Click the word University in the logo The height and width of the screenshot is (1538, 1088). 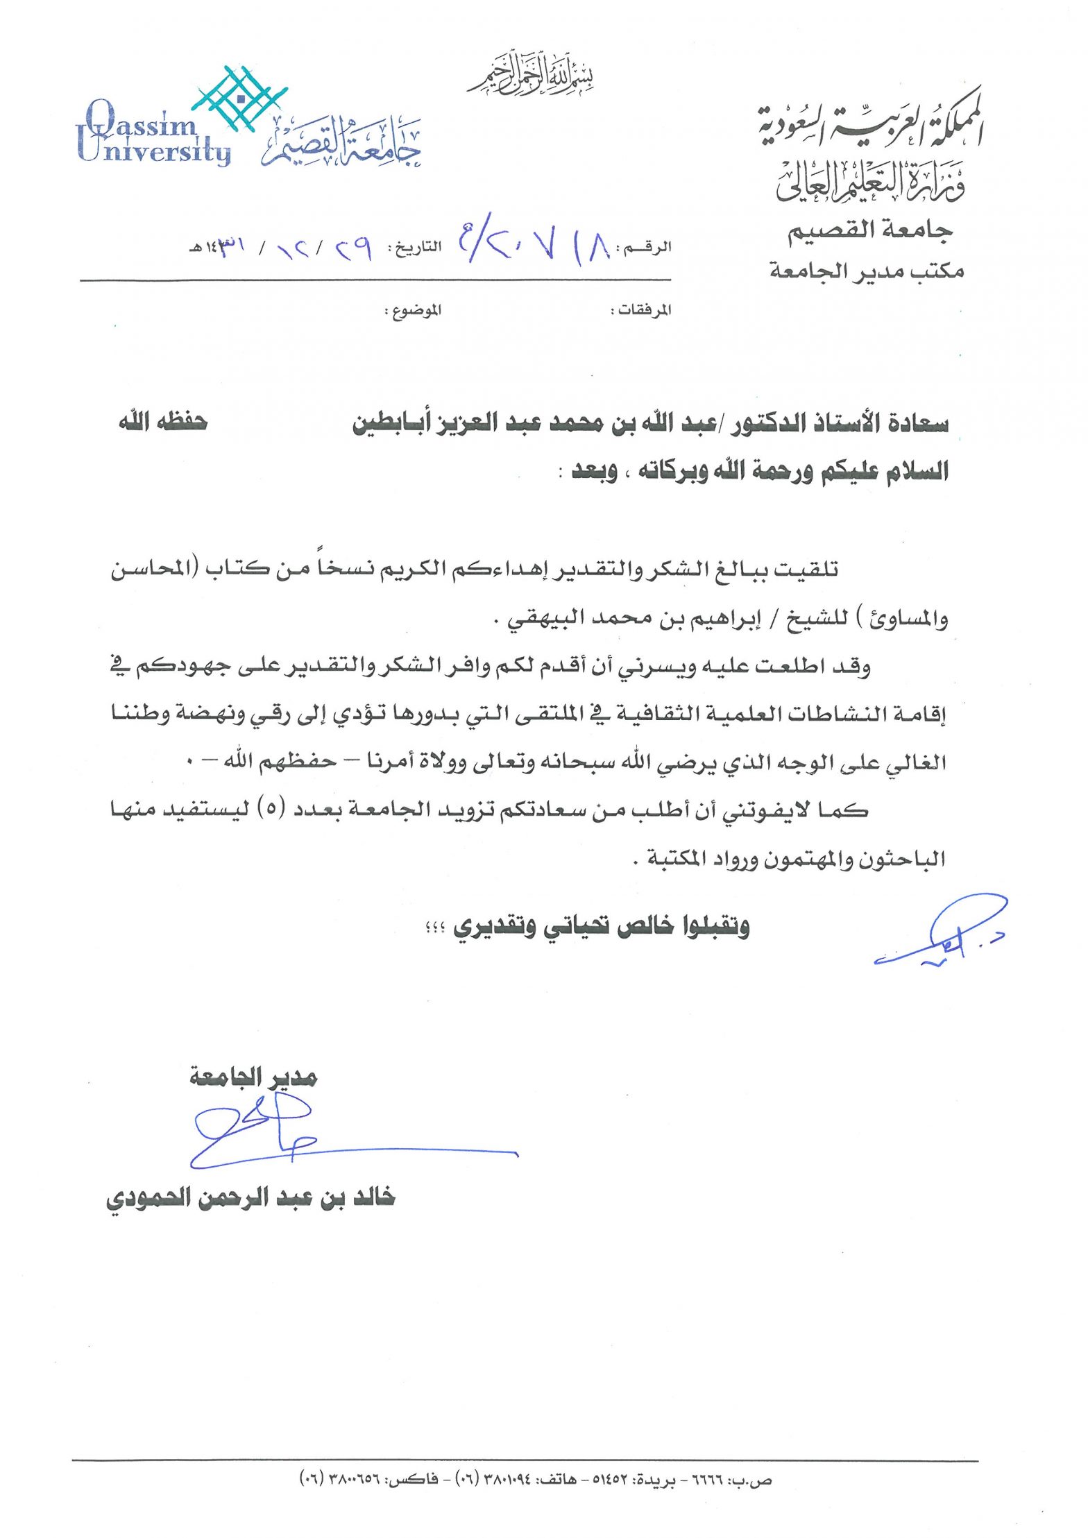[153, 152]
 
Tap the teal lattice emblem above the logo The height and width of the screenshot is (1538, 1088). [240, 97]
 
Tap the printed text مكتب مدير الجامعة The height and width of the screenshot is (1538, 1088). [867, 271]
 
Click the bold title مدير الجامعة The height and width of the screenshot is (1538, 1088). [253, 1077]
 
